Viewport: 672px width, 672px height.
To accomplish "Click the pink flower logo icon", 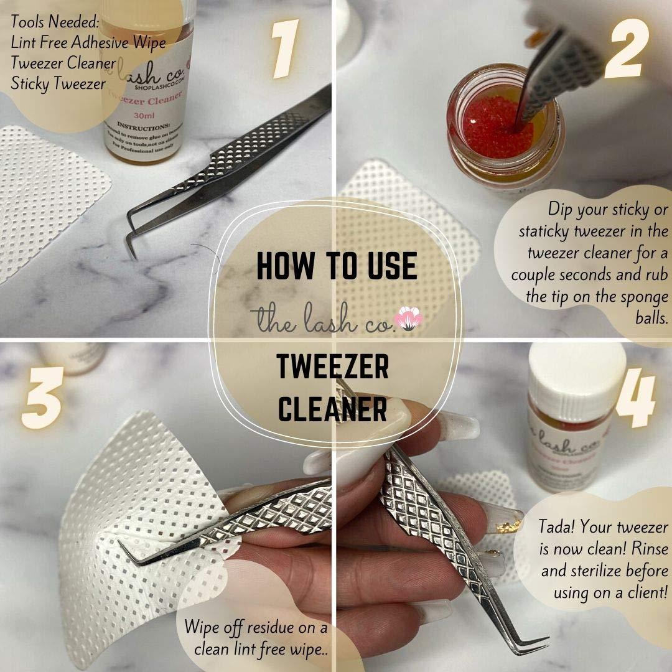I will [x=409, y=318].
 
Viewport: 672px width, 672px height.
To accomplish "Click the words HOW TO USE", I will [x=337, y=266].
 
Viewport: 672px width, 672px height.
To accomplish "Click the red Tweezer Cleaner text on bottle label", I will [x=144, y=96].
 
